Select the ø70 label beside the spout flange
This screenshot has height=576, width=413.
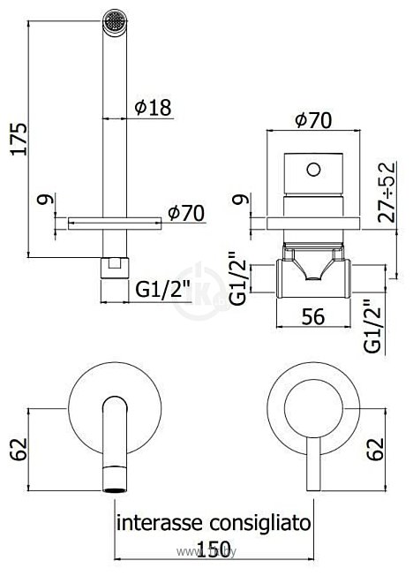[x=186, y=214]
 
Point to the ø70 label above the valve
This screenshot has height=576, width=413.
[x=312, y=122]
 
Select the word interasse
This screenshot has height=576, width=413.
[x=154, y=523]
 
